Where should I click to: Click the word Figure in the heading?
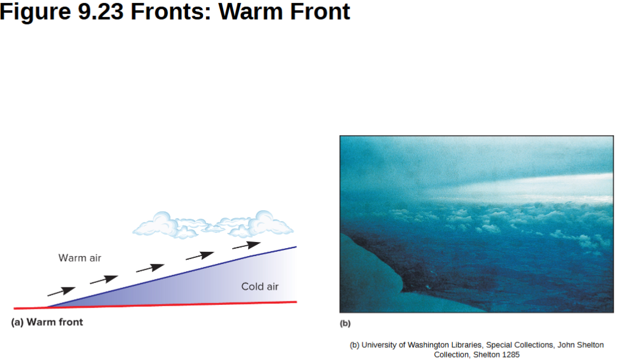35,12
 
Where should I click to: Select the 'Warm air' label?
80,258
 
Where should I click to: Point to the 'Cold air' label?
260,286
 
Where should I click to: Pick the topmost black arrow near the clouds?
246,245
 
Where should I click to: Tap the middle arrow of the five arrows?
150,268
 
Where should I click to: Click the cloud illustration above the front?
214,224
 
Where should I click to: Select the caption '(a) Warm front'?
47,322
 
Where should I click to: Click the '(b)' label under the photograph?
345,323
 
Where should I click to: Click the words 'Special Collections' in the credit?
519,345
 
